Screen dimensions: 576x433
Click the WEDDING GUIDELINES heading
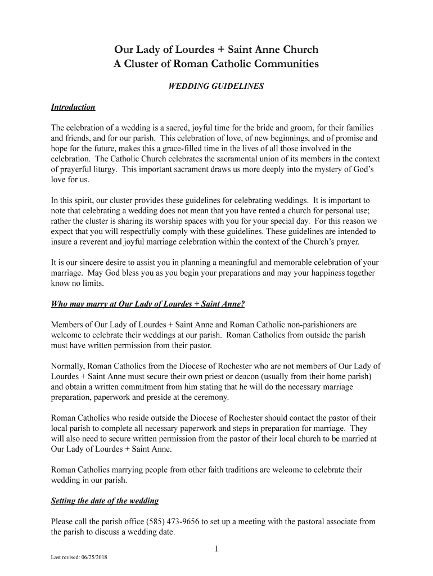click(216, 87)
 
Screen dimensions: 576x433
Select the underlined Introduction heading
click(73, 107)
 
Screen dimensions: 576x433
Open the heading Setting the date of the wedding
click(105, 501)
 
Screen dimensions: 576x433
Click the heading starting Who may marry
click(148, 304)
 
